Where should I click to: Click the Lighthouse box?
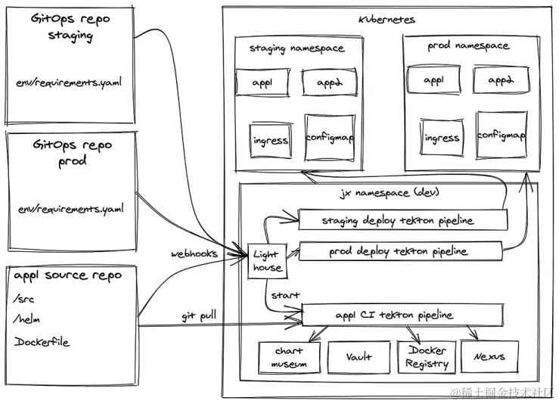click(267, 260)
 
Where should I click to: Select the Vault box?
click(359, 357)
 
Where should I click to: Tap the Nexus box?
click(485, 356)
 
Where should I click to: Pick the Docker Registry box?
click(427, 357)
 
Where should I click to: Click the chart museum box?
click(288, 357)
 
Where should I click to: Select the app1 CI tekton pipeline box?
click(403, 315)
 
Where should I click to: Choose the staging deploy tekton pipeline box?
click(402, 220)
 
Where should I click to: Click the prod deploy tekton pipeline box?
click(401, 251)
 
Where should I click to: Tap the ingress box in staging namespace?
click(270, 140)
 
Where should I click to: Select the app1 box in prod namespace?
click(434, 79)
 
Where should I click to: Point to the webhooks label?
click(194, 253)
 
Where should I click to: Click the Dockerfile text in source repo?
click(42, 342)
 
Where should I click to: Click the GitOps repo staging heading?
click(71, 26)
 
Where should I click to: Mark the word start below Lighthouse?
click(285, 294)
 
